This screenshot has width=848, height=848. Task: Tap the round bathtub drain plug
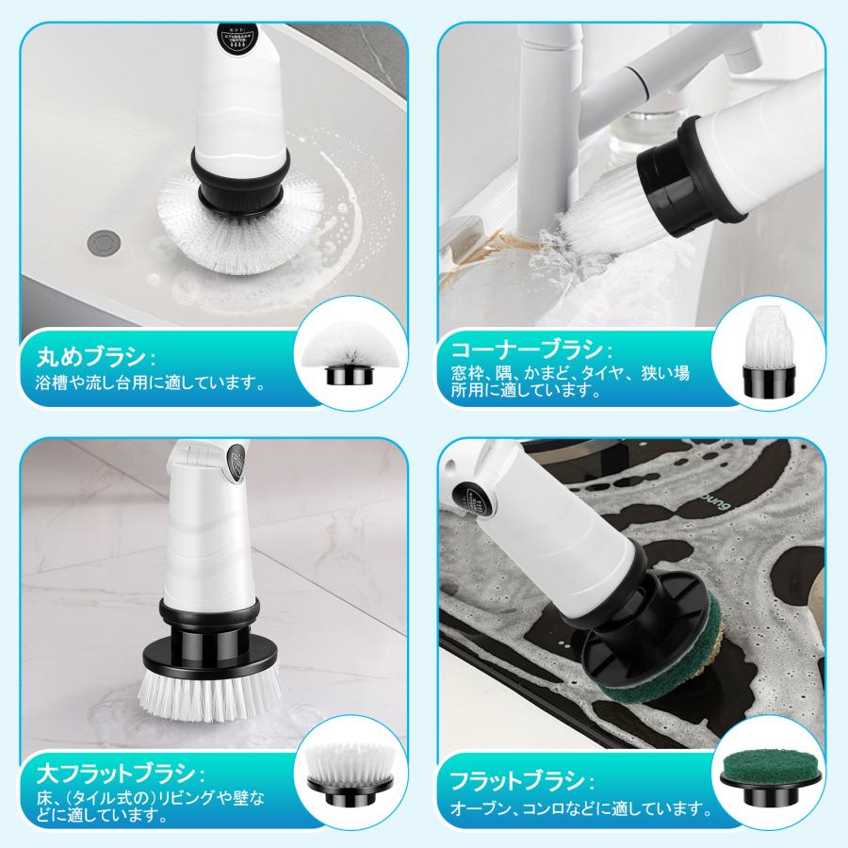click(x=101, y=240)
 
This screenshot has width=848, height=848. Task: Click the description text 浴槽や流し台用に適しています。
click(x=149, y=383)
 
